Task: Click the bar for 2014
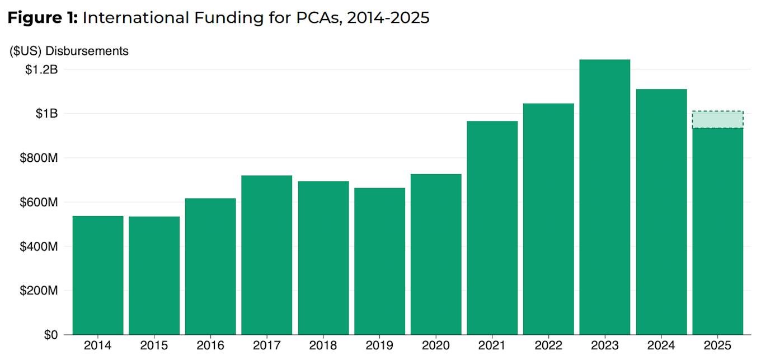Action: (98, 275)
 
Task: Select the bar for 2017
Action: (267, 255)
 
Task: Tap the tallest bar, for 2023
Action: (605, 197)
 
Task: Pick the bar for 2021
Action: (492, 228)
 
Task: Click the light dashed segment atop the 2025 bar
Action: (718, 120)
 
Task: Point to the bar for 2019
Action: (379, 261)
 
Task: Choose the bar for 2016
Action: (210, 267)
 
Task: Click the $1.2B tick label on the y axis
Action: (41, 69)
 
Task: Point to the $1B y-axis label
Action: (46, 114)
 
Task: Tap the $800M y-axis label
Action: (39, 158)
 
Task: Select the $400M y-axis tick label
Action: (39, 246)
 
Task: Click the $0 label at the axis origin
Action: (51, 335)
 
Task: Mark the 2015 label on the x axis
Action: (154, 345)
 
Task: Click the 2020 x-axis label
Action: (435, 345)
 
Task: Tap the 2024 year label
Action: (661, 345)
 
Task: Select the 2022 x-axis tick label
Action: (548, 345)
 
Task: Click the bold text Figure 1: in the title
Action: (43, 18)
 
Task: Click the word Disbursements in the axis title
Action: (87, 51)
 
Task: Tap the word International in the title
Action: (136, 18)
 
